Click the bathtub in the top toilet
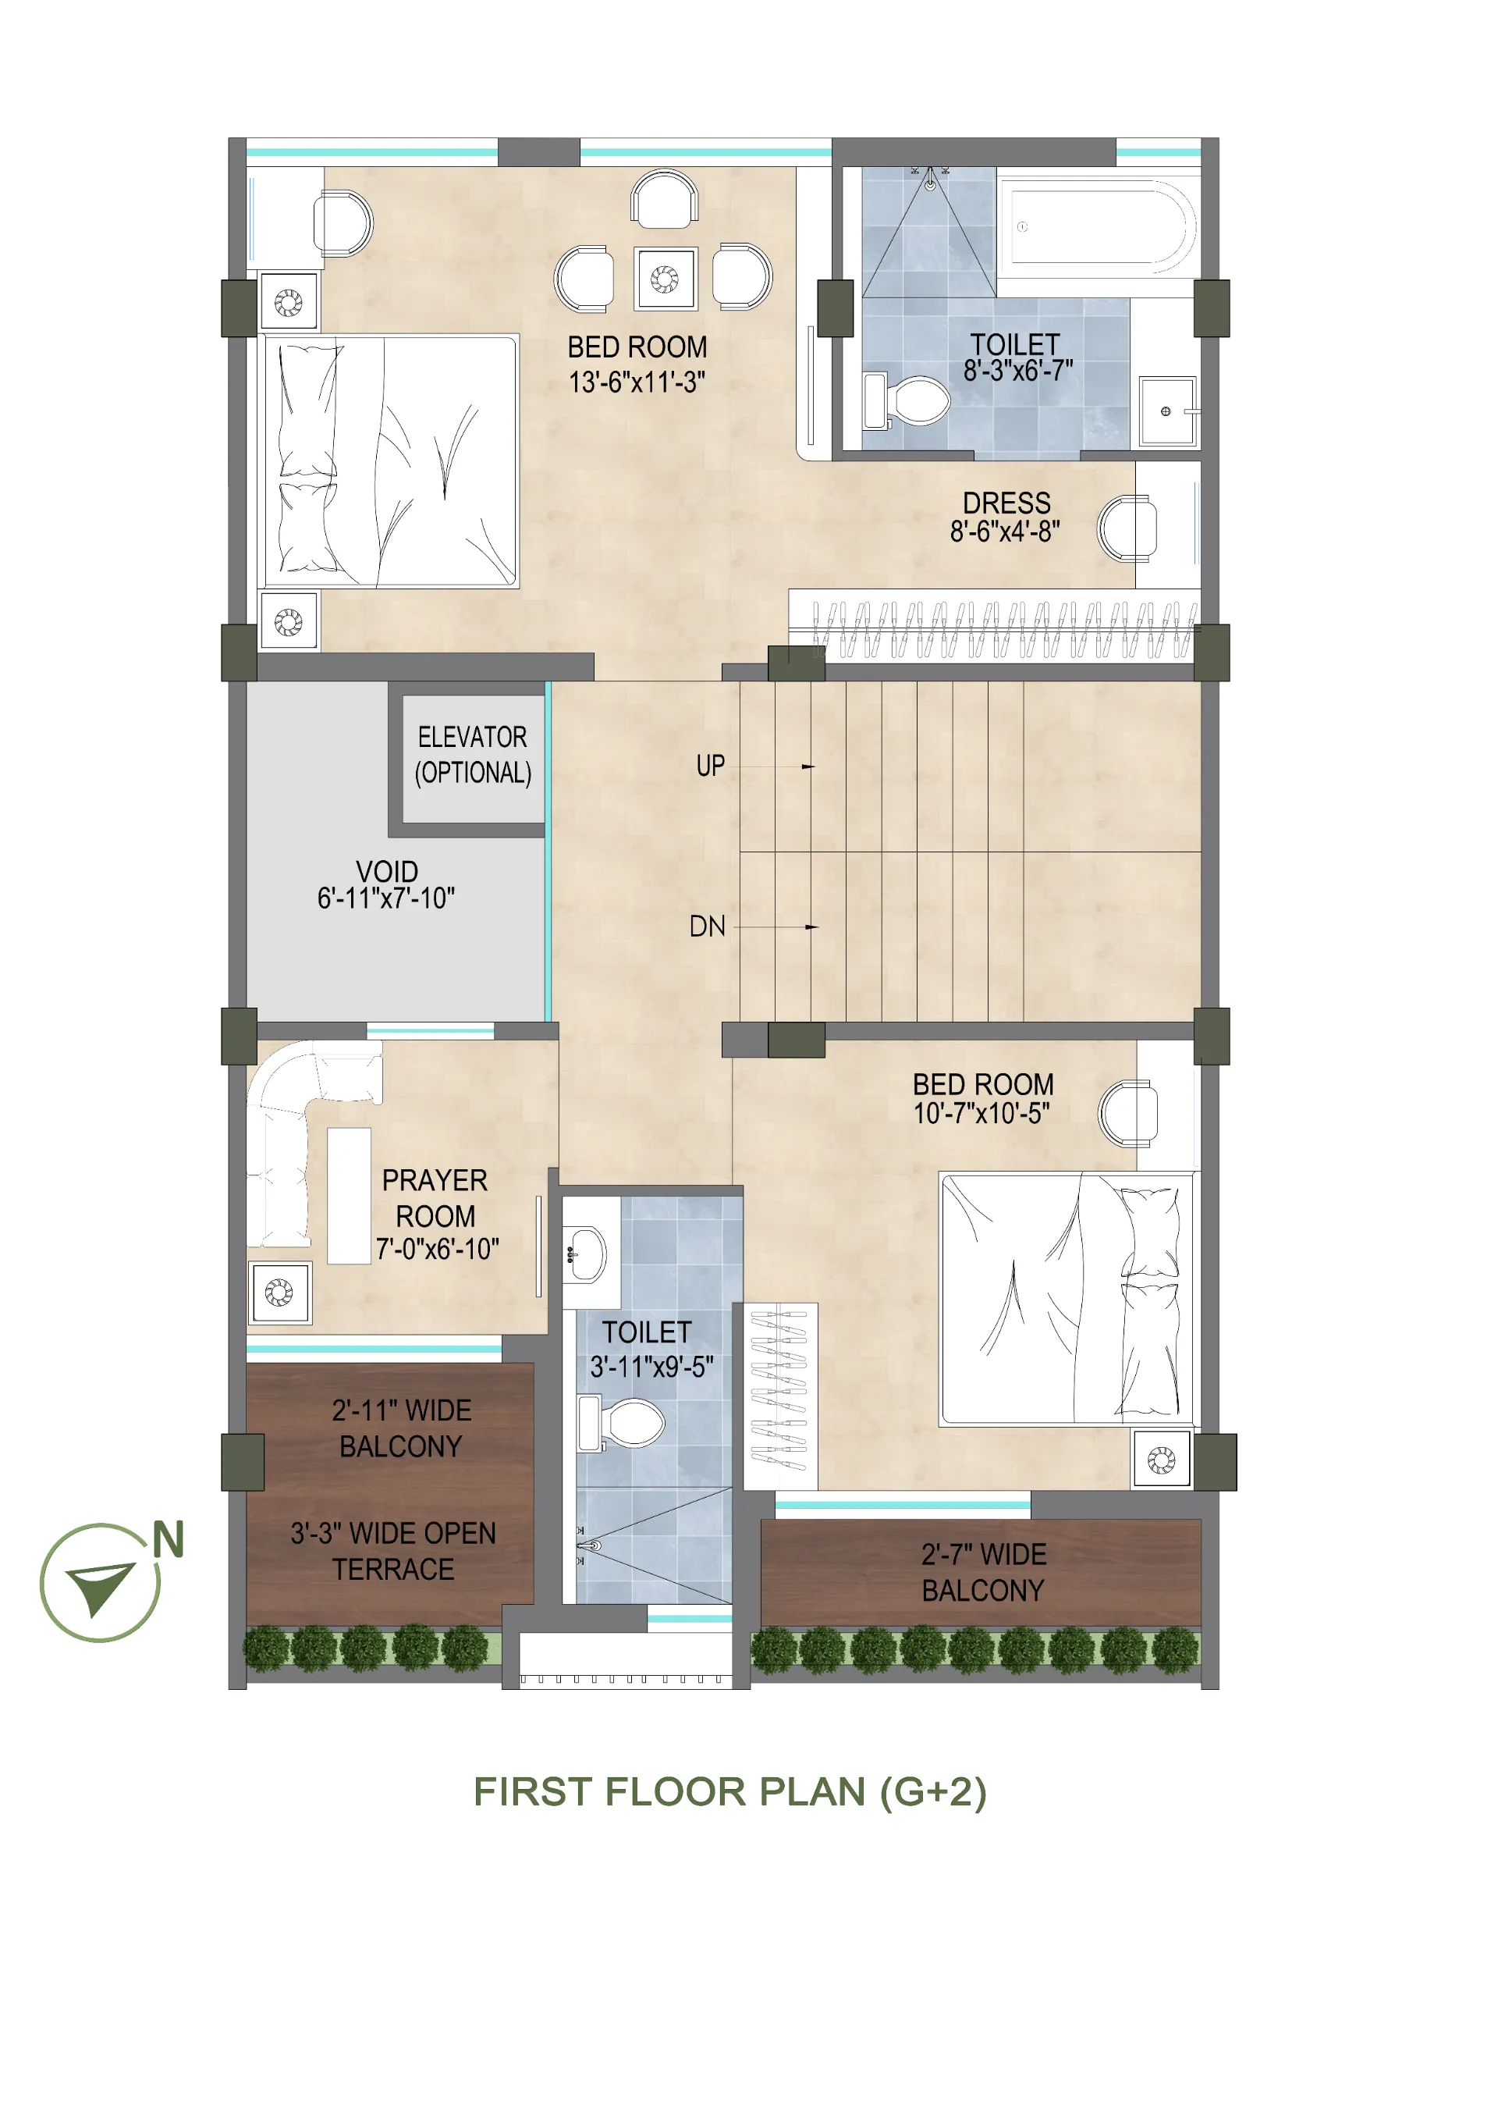(x=1098, y=227)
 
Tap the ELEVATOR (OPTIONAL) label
(x=474, y=755)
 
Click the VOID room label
(x=386, y=871)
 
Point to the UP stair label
(x=710, y=766)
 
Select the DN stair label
(x=708, y=926)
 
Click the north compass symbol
(x=101, y=1582)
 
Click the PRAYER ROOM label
(x=435, y=1197)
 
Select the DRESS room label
(x=1006, y=503)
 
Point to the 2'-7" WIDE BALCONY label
(x=983, y=1572)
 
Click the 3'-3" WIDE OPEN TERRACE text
(x=394, y=1551)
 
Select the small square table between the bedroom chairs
(x=665, y=278)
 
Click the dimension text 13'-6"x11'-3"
(x=637, y=382)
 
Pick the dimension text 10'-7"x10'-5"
(x=982, y=1114)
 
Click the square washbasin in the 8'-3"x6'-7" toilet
(x=1167, y=411)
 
